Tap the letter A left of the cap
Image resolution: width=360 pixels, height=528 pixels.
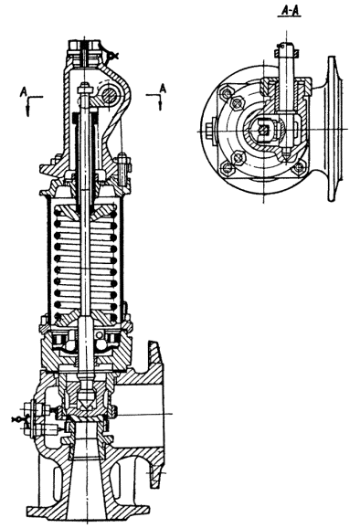coord(23,91)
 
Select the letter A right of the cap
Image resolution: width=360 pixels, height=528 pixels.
coord(163,89)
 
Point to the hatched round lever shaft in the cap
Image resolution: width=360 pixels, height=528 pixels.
coord(110,95)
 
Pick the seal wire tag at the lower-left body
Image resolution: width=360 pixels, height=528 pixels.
coord(16,420)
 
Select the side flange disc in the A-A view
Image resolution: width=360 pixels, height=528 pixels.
coord(333,129)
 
